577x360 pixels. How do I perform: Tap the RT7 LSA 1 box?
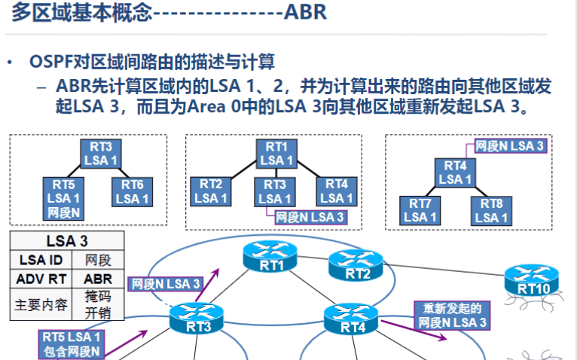point(420,209)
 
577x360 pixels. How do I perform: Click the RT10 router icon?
point(527,279)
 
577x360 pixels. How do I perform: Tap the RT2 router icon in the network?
point(358,266)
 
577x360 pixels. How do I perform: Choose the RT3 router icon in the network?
point(195,319)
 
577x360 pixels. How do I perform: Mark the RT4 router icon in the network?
point(350,319)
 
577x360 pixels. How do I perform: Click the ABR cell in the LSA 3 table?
point(98,278)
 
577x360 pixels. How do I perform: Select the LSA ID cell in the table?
point(41,260)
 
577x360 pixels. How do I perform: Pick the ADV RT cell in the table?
point(41,278)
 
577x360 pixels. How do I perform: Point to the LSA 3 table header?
point(66,242)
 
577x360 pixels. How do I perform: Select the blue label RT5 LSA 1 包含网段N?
point(71,343)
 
